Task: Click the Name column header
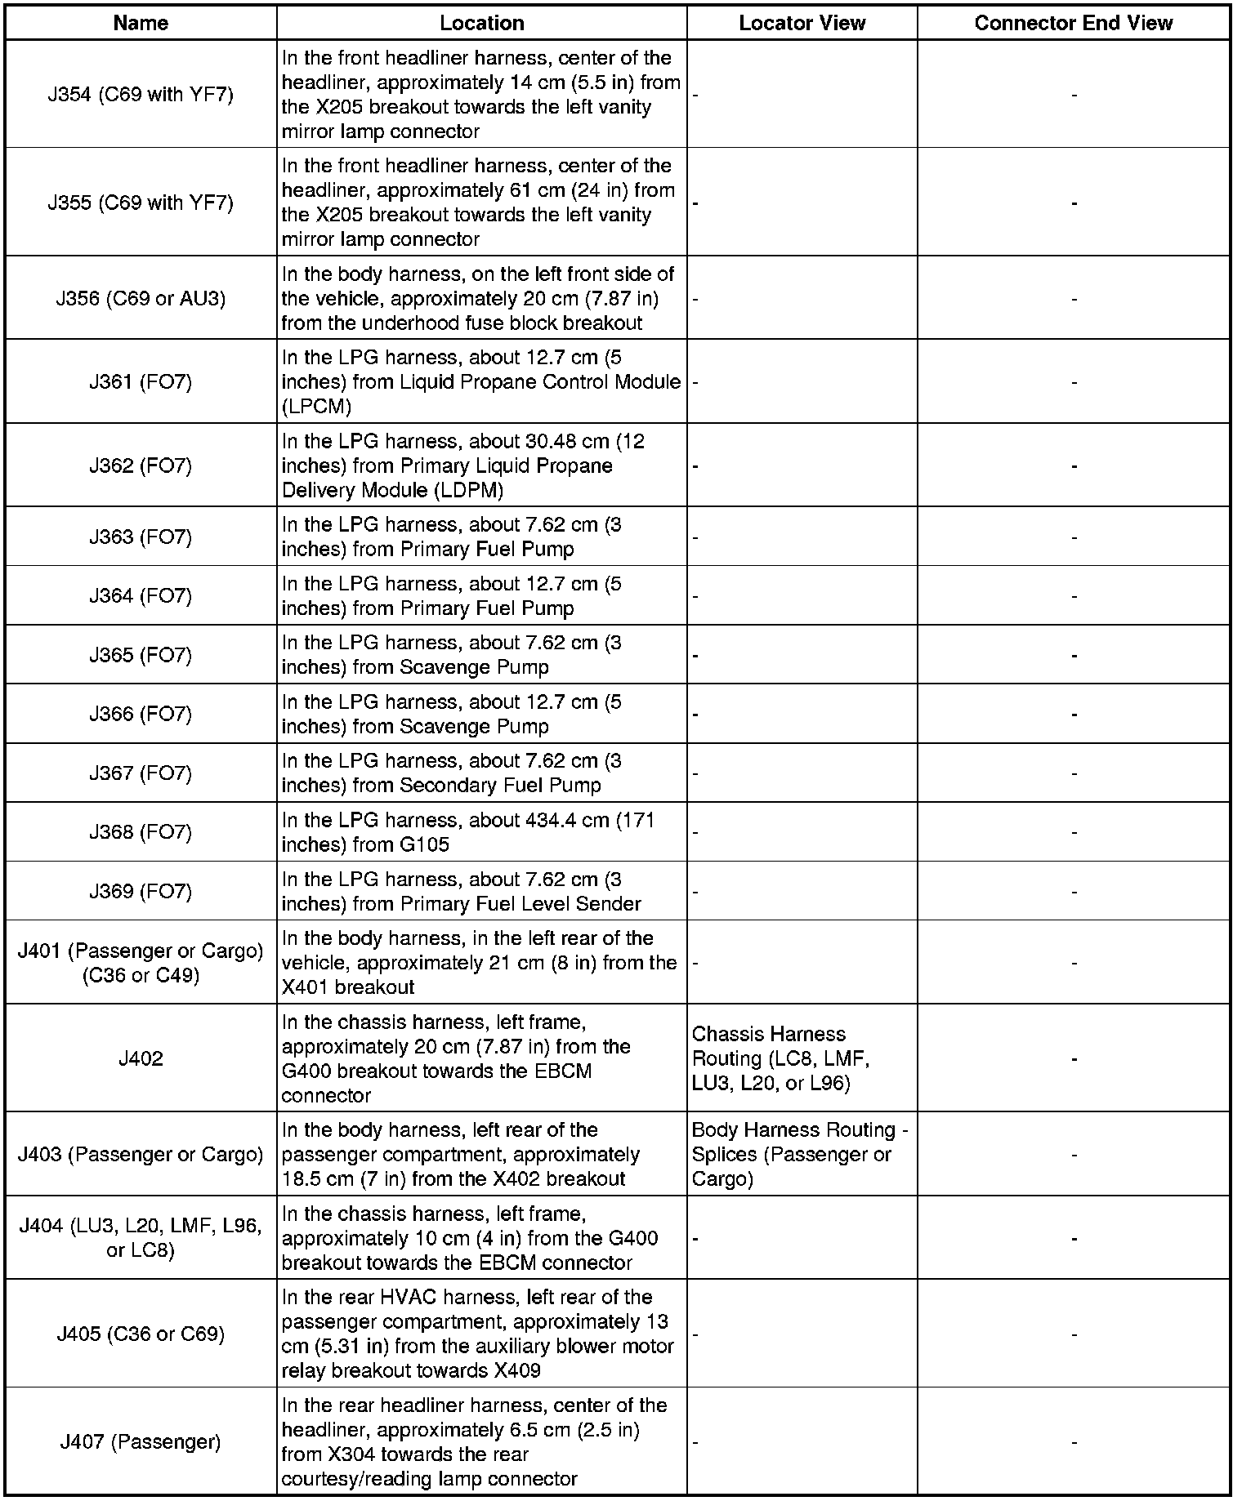141,23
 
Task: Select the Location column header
481,23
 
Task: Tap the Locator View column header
802,23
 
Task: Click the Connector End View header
1073,23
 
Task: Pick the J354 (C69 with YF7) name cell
141,95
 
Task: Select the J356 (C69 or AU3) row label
141,298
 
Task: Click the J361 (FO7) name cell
141,382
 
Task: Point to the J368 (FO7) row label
141,832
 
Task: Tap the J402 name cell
141,1058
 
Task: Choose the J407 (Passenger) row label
141,1441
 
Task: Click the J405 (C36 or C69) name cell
141,1334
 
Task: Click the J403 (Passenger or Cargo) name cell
141,1154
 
